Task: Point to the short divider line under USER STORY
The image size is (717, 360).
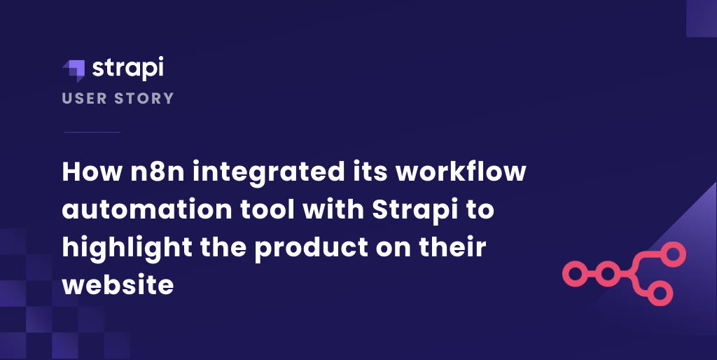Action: point(92,132)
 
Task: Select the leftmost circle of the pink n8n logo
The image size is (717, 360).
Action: point(574,273)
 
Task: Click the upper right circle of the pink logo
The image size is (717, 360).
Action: point(674,254)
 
